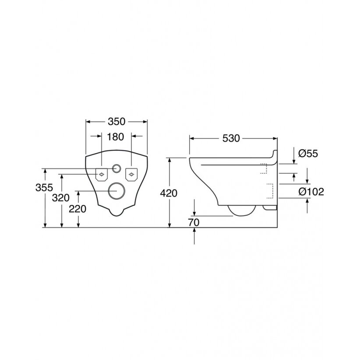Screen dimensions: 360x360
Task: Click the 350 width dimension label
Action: point(116,122)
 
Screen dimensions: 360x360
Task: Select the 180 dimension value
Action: point(116,137)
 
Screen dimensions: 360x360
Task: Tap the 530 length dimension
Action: point(231,138)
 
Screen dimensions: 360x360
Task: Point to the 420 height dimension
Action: point(169,193)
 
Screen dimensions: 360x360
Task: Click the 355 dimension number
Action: point(44,188)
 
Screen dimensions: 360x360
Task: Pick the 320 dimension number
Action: point(60,198)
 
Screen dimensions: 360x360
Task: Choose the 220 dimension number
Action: point(78,209)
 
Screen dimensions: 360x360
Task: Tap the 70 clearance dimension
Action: point(194,222)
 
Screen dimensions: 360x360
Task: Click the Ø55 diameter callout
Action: point(308,154)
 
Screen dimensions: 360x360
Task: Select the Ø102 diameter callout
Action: point(311,192)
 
